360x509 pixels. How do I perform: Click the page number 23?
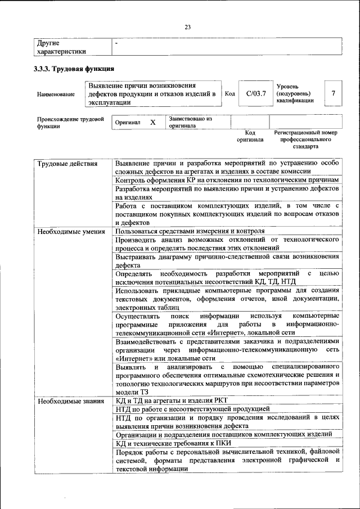coord(188,26)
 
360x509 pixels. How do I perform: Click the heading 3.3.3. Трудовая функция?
coord(75,69)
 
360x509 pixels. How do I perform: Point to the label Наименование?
coord(56,94)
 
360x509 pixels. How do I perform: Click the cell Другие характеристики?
coord(61,47)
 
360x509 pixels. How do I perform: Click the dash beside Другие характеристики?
coord(116,43)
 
